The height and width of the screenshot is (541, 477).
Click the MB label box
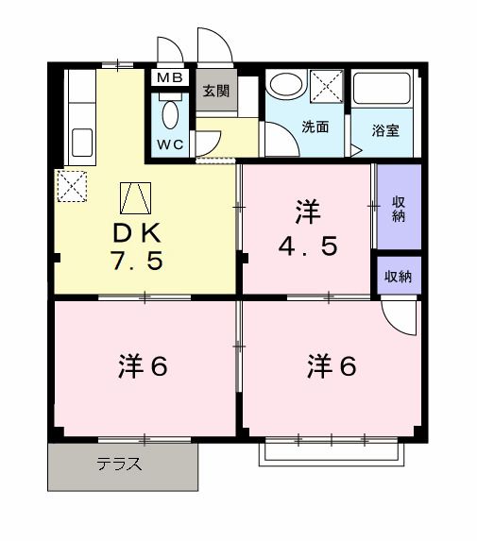(171, 78)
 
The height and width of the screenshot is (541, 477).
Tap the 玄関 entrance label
(215, 92)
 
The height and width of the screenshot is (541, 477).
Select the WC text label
(170, 144)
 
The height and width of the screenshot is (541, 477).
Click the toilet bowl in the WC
(170, 114)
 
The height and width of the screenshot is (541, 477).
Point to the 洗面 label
(315, 127)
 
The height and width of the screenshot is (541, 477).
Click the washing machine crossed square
(329, 87)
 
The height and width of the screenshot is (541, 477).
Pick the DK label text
(142, 233)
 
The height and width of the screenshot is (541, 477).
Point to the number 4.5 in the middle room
(307, 245)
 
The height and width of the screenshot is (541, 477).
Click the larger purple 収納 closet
(398, 208)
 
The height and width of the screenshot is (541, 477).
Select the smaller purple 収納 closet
(398, 277)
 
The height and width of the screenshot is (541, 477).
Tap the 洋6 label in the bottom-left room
(143, 365)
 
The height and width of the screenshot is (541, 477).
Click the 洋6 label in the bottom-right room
(331, 365)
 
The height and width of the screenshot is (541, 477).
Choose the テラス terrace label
(119, 465)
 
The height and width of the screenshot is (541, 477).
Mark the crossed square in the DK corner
(73, 185)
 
